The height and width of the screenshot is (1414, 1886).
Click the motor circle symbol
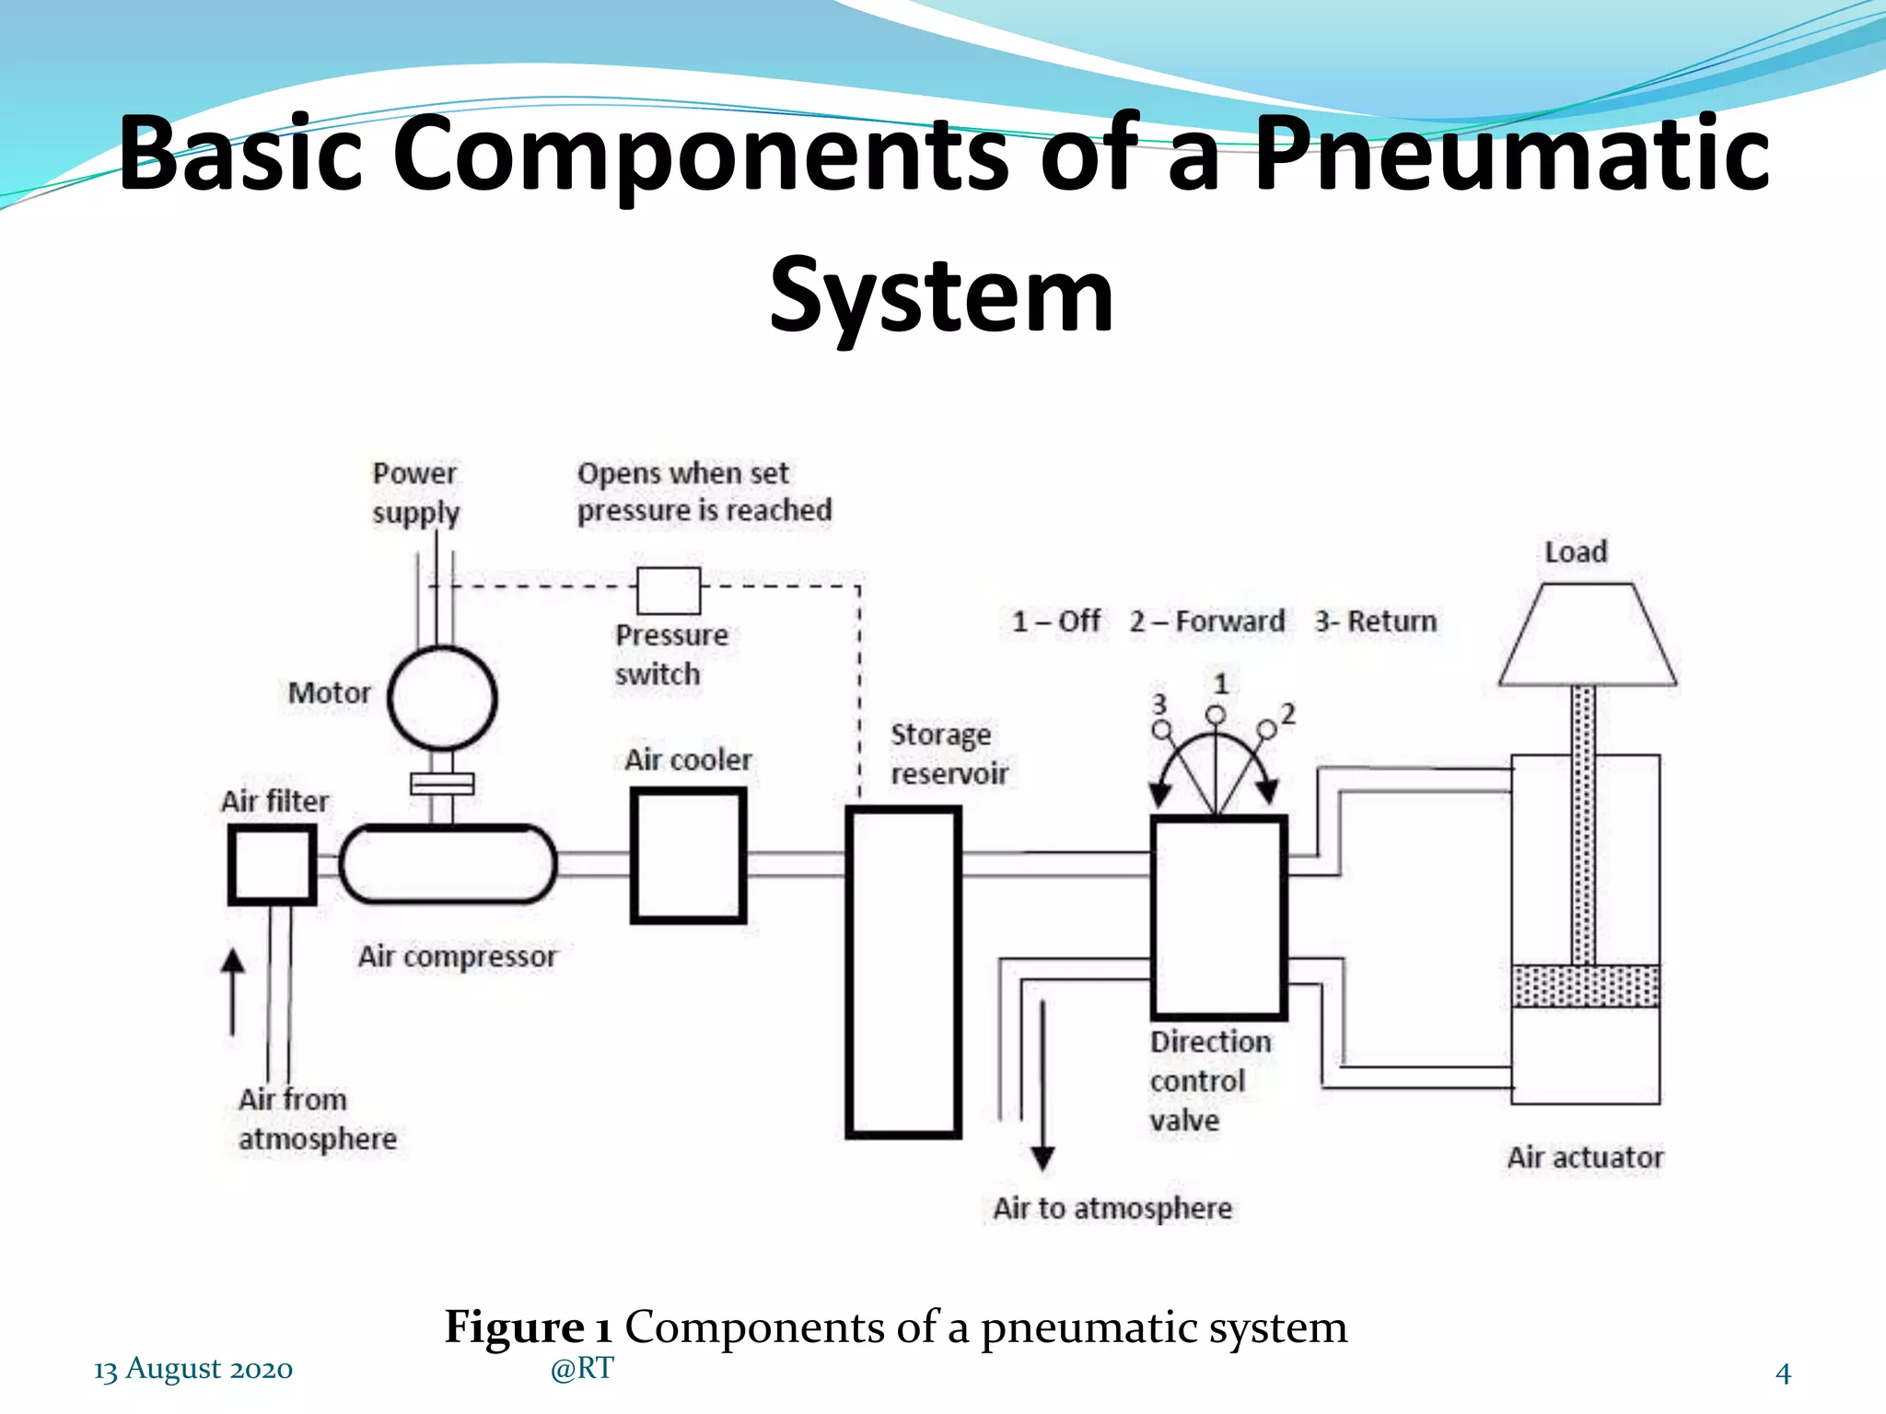tap(442, 699)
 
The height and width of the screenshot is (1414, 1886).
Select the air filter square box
tap(273, 864)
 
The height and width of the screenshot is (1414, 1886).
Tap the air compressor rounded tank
tap(448, 864)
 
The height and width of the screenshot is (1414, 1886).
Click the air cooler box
tap(688, 855)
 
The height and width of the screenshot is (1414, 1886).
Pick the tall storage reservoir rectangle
tap(903, 972)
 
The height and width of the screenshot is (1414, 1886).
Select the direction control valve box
tap(1218, 917)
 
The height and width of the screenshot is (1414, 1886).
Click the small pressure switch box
tap(669, 591)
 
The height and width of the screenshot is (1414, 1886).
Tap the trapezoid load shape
tap(1588, 636)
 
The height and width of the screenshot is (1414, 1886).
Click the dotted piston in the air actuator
tap(1586, 986)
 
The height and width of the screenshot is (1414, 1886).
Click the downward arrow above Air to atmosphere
tap(1042, 1086)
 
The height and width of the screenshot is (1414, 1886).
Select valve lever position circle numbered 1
tap(1217, 715)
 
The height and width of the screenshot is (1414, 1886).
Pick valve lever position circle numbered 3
tap(1162, 730)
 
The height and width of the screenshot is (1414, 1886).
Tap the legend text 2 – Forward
tap(1207, 621)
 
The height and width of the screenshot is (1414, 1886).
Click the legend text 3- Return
tap(1375, 621)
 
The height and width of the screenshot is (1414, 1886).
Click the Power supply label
tap(415, 493)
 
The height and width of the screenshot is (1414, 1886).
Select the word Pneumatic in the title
tap(1511, 153)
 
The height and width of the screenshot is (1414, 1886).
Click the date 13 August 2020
tap(193, 1369)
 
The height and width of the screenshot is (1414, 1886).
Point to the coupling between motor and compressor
tap(442, 783)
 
